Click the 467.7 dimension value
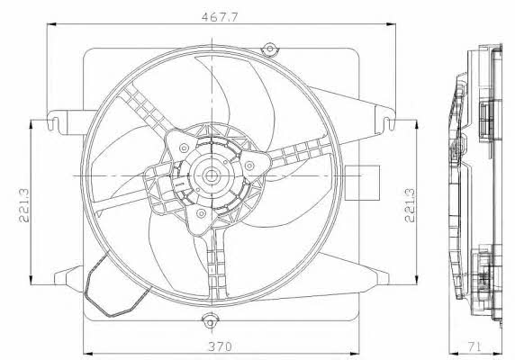pos(219,17)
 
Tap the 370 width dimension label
pos(221,346)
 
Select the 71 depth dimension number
pos(474,346)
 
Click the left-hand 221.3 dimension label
pos(24,206)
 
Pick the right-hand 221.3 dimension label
pos(410,206)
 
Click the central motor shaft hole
pos(210,176)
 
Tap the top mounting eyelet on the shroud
pos(270,49)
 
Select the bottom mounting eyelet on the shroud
pos(209,320)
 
